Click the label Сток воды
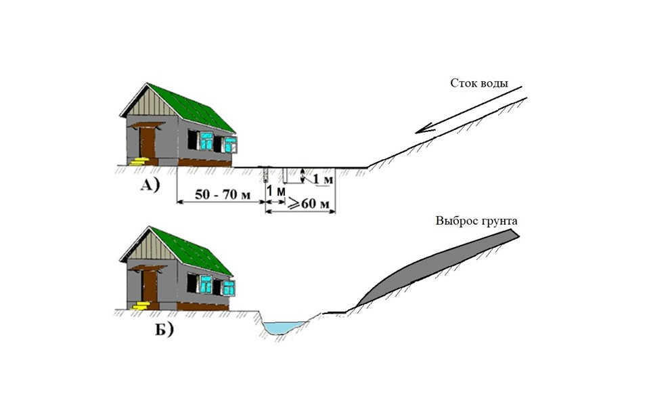(x=479, y=83)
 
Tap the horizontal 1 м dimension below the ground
(x=275, y=192)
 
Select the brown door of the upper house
(x=147, y=142)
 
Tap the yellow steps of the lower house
(x=140, y=305)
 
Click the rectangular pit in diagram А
(x=292, y=175)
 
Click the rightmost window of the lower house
(x=230, y=288)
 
